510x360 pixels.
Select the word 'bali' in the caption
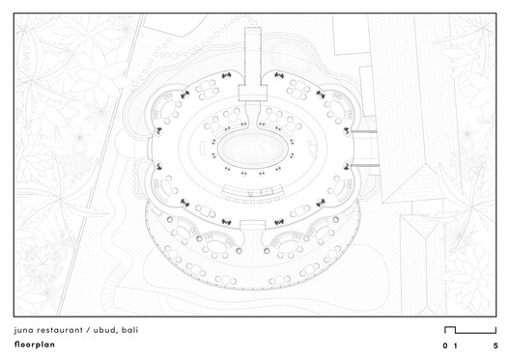tap(129, 330)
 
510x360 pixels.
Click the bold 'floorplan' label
tap(35, 345)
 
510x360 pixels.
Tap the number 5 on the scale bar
tap(496, 346)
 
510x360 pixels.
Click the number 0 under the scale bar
tap(445, 346)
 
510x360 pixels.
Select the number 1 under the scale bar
tap(455, 346)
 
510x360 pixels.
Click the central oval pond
tap(253, 150)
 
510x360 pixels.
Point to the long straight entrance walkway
tap(253, 56)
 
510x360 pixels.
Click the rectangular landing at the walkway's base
tap(253, 93)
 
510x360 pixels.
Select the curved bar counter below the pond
tap(252, 191)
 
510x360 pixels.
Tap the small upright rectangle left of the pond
tap(202, 150)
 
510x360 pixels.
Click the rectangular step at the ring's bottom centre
tap(252, 225)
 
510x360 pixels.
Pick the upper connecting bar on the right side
tap(364, 131)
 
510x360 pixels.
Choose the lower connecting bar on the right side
tap(365, 165)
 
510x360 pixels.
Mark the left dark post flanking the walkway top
tap(226, 75)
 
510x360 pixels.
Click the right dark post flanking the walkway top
tap(279, 75)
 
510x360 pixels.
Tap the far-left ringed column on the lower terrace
tap(169, 220)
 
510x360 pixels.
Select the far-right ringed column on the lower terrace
tap(336, 220)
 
